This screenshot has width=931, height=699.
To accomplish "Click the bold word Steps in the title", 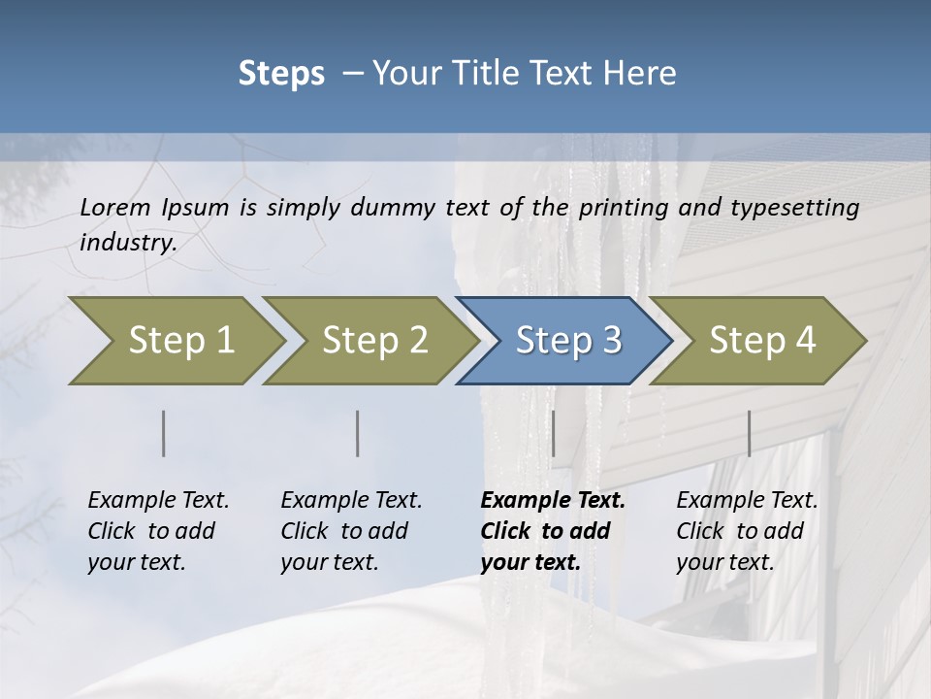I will pyautogui.click(x=281, y=74).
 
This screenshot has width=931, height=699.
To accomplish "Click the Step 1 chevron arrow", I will pyautogui.click(x=175, y=341).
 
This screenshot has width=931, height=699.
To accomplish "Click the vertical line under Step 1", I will pyautogui.click(x=163, y=433).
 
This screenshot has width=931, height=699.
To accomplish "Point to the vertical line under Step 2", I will pyautogui.click(x=358, y=433).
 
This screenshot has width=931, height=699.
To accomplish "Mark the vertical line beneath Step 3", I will pyautogui.click(x=553, y=433).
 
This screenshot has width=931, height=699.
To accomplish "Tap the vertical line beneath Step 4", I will pyautogui.click(x=749, y=433).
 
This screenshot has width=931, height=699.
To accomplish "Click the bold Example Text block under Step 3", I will pyautogui.click(x=552, y=531).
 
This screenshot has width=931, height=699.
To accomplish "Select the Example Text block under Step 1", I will pyautogui.click(x=158, y=531).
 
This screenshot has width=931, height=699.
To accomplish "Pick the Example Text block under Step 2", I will pyautogui.click(x=351, y=531).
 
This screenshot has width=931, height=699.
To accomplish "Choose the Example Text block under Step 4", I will pyautogui.click(x=746, y=531).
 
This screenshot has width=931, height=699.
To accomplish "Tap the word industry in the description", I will pyautogui.click(x=128, y=243).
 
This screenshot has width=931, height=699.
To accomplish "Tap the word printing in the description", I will pyautogui.click(x=626, y=208).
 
